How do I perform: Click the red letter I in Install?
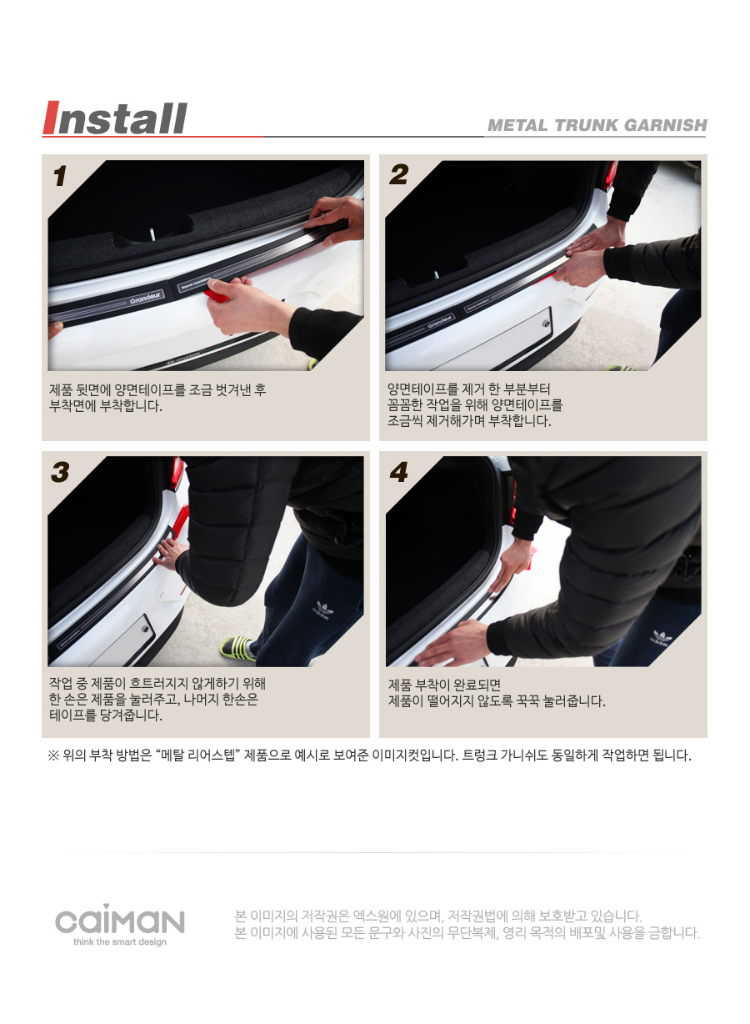coord(51,118)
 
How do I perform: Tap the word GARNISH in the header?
coord(666,125)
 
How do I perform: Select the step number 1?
coord(60,176)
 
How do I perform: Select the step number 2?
coord(399,175)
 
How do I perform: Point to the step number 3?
coord(60,472)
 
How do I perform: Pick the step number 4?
coord(399,472)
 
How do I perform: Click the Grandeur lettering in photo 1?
coord(145,299)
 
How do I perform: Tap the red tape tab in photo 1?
coord(216,295)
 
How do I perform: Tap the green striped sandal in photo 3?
coord(237,648)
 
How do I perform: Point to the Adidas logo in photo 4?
coord(660,638)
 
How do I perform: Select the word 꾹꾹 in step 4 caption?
coord(527,700)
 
